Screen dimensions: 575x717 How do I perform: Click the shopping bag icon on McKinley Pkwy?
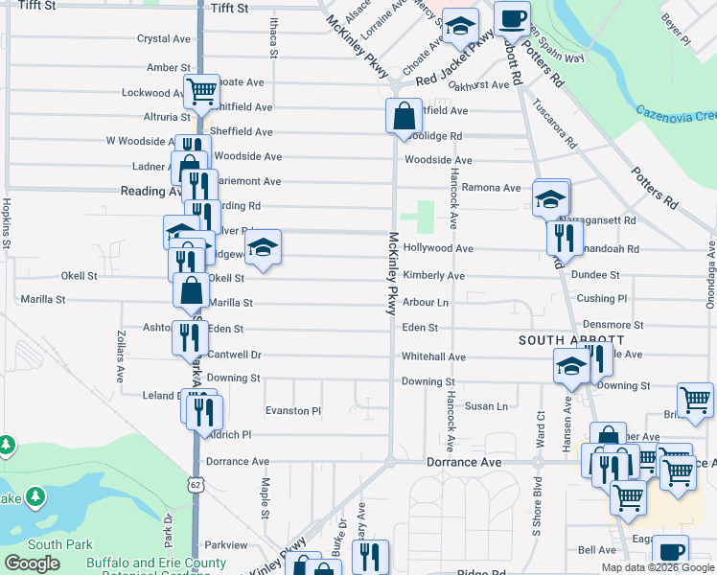pos(404,117)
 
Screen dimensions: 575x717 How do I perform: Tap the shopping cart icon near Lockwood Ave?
pos(201,92)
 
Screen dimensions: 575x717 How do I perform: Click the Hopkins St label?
pos(6,223)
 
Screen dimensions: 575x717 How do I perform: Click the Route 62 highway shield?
pos(196,486)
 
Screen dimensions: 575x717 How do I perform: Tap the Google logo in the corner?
pos(32,563)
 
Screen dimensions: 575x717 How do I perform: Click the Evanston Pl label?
pos(293,411)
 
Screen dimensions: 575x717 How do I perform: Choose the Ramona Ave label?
pos(491,188)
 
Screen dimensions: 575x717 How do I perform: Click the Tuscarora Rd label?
pos(555,125)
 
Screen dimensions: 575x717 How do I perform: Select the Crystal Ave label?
pos(164,39)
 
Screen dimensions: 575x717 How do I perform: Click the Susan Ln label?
pos(486,406)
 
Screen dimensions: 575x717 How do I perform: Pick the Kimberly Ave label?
pos(433,276)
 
